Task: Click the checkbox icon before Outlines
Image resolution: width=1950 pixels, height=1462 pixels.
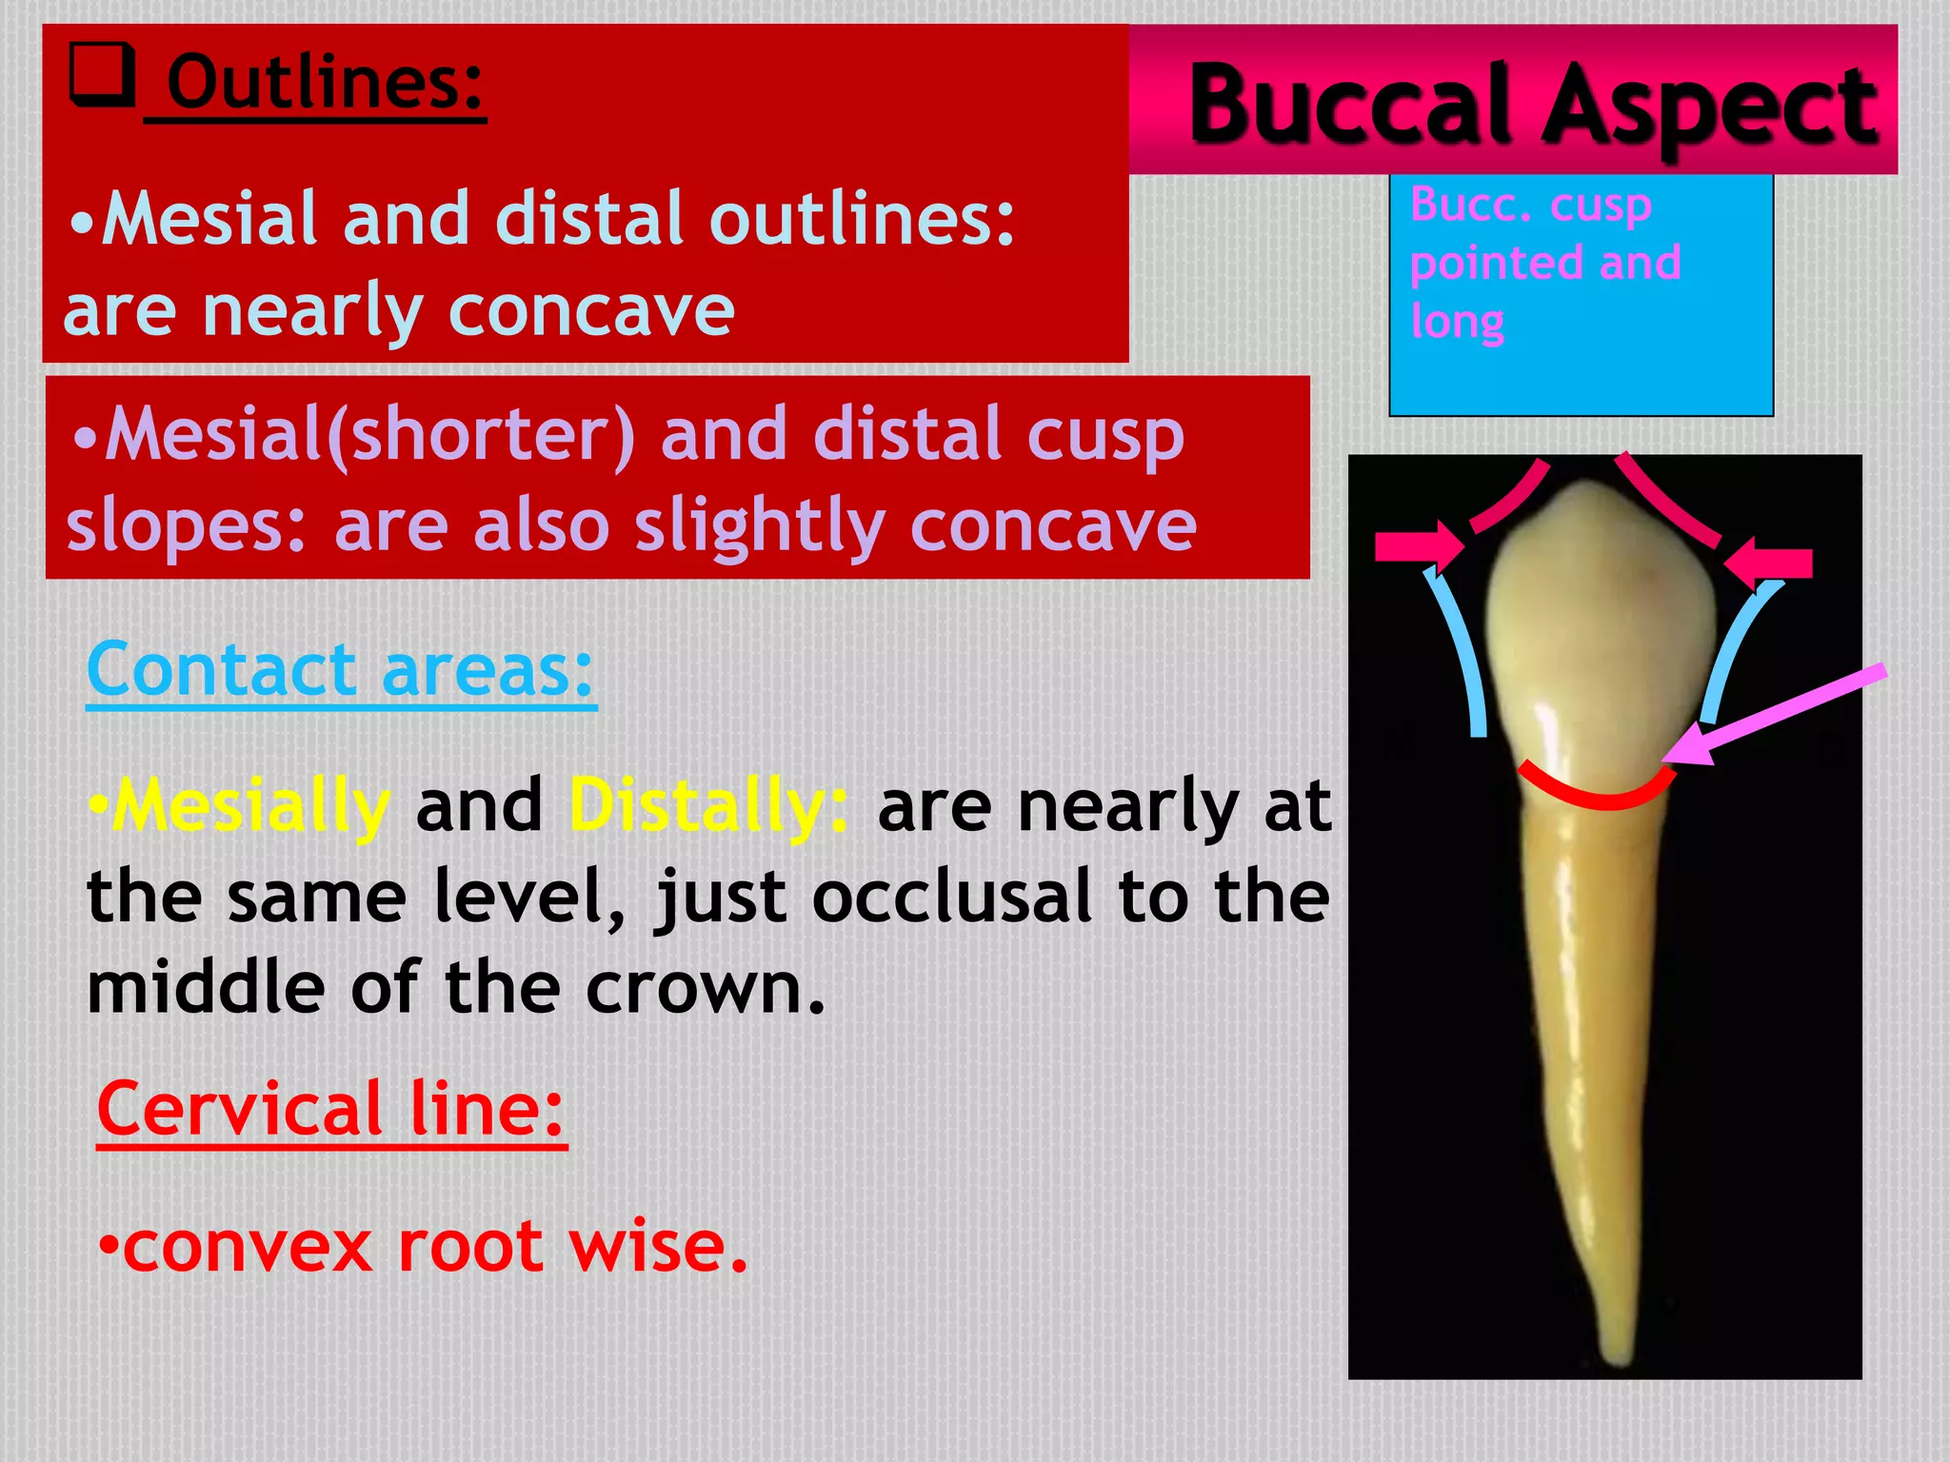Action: click(101, 76)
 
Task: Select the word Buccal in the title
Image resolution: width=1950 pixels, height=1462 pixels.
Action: click(1356, 105)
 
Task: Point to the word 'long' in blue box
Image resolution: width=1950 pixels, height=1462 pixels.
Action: click(1457, 322)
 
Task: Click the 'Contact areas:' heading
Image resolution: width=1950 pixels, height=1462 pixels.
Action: click(340, 670)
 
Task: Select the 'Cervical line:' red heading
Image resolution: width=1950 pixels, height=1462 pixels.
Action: click(331, 1111)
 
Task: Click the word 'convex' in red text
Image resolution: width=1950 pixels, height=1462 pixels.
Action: click(249, 1247)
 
